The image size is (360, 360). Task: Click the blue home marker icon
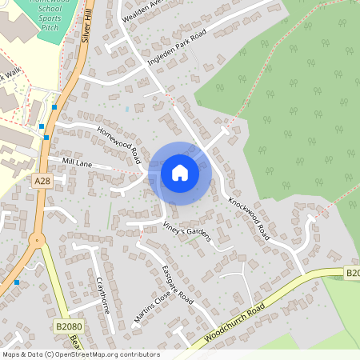pos(180,172)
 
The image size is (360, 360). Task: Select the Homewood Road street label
pos(119,140)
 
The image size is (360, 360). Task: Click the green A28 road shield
pos(43,182)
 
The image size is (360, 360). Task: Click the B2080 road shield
pos(69,326)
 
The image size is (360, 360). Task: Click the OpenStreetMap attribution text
pos(80,354)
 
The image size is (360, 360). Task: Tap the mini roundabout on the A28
pos(35,239)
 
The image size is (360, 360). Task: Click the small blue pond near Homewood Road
pos(126,108)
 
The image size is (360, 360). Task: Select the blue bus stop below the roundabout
pos(17,282)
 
